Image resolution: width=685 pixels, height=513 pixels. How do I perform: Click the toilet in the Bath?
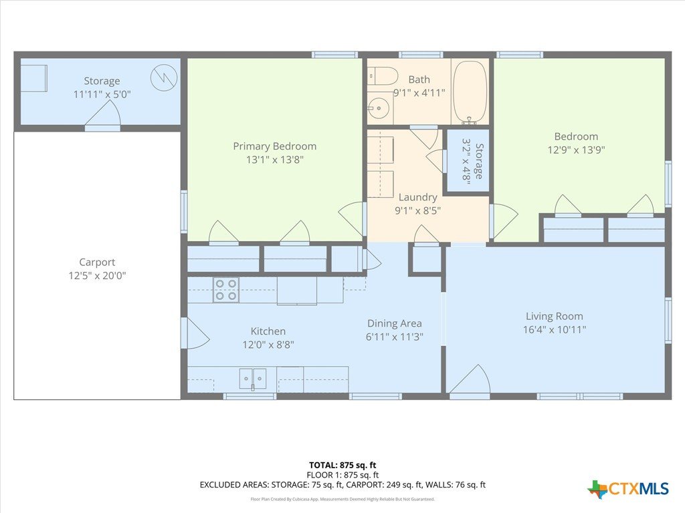[382, 76]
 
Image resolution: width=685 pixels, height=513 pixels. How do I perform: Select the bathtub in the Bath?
[470, 92]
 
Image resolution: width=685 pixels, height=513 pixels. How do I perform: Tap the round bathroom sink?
[379, 108]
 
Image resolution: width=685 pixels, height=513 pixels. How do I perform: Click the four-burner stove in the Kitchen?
[226, 290]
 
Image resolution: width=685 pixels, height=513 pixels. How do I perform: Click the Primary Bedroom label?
[274, 146]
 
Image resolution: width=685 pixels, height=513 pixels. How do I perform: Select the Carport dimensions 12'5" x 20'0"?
[97, 275]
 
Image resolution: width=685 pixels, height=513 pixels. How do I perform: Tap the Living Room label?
[554, 316]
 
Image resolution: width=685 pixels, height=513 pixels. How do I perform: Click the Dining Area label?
[394, 323]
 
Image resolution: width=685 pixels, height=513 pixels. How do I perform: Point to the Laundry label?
[417, 197]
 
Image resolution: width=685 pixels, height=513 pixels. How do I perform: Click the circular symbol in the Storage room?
[164, 77]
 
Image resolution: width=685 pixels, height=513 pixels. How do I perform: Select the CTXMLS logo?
[628, 488]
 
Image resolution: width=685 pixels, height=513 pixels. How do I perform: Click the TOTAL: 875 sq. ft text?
[342, 465]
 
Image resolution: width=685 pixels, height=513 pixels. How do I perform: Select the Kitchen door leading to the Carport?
[196, 333]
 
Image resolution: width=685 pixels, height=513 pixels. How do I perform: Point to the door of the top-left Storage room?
[102, 114]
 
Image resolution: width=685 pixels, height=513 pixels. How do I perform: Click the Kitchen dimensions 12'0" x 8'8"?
[268, 345]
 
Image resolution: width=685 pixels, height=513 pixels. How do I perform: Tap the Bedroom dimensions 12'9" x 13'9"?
[576, 150]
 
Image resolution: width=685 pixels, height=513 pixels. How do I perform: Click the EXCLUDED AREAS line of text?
[342, 485]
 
